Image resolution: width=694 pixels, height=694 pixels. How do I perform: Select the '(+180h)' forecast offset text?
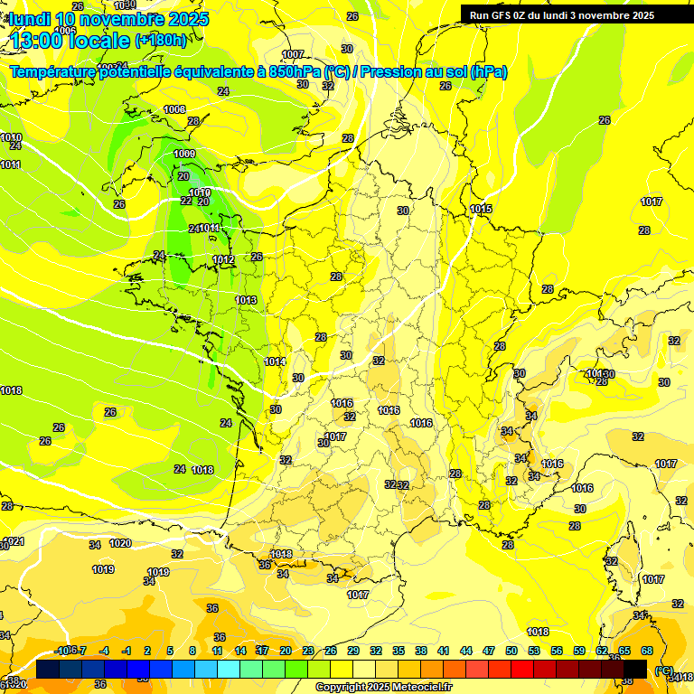point(161,40)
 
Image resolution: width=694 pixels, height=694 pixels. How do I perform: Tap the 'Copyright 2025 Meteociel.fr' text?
point(383,687)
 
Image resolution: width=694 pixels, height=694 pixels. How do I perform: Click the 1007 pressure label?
point(293,54)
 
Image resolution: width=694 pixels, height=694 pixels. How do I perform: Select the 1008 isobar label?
point(174,109)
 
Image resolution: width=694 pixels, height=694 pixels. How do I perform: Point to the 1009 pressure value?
point(184,155)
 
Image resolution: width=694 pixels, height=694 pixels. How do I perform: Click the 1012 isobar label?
point(223,260)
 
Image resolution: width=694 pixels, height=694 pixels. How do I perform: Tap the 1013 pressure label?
point(246,300)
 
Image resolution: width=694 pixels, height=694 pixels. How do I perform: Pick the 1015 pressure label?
point(481,210)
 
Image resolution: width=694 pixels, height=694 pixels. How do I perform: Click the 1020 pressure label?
point(120,543)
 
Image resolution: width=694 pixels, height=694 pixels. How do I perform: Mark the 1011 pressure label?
point(11,164)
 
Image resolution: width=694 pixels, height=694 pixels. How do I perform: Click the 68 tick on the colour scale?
point(647,651)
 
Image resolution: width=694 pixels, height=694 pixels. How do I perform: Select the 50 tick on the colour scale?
point(511,651)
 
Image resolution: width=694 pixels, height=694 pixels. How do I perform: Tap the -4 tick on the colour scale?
point(104,651)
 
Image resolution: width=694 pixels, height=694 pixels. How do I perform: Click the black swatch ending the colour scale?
point(635,668)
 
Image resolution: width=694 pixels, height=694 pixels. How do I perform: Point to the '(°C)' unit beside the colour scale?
point(663,670)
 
